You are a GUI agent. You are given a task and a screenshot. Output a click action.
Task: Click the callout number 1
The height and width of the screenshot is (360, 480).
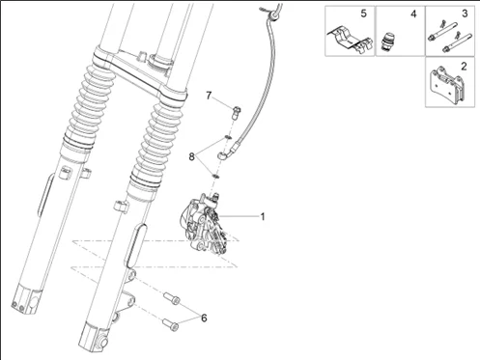click(x=263, y=217)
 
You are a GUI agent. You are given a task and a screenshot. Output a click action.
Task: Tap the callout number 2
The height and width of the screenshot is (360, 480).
click(x=464, y=67)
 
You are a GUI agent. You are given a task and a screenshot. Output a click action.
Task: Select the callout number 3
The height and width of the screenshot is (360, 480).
click(x=465, y=14)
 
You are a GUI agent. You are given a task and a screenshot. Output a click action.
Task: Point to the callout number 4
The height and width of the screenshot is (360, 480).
click(x=413, y=14)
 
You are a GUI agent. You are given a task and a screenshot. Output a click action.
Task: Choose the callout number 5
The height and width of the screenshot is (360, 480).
click(x=363, y=14)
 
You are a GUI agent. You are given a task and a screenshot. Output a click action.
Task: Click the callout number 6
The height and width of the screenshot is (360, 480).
click(x=204, y=318)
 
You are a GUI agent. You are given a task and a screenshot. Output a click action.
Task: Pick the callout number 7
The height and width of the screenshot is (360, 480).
click(x=209, y=96)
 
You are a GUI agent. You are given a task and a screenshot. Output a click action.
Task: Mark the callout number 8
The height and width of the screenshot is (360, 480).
click(x=192, y=157)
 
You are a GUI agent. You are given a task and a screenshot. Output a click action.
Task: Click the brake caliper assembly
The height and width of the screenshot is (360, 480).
click(x=204, y=224)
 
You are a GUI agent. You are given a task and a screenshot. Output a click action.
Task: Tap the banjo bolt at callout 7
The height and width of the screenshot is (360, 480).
click(x=237, y=113)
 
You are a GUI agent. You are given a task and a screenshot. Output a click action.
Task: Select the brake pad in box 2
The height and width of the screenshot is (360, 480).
click(x=447, y=84)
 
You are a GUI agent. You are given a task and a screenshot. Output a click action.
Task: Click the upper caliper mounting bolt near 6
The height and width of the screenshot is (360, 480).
click(x=172, y=298)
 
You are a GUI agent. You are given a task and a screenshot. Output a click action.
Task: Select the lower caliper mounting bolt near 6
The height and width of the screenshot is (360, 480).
click(x=170, y=324)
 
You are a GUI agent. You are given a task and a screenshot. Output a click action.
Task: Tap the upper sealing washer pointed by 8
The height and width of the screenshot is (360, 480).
click(x=228, y=137)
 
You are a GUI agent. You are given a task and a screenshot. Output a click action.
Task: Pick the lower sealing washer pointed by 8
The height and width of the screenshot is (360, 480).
click(x=215, y=177)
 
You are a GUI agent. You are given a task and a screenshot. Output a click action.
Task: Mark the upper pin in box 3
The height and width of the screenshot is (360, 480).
click(x=443, y=31)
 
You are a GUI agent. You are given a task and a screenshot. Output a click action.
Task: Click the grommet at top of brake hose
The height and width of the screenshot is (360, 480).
click(x=273, y=14)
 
